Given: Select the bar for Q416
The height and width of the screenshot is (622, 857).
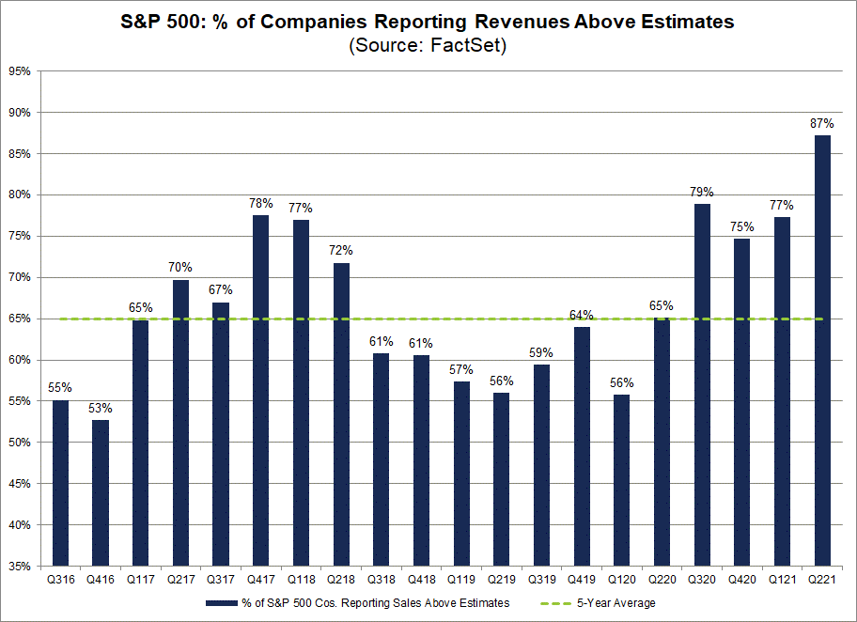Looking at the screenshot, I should (100, 493).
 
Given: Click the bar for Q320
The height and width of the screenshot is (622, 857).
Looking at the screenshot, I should (702, 385).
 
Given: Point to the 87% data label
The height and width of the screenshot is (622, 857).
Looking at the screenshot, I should (822, 123).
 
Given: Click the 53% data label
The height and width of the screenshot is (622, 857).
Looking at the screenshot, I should (100, 408).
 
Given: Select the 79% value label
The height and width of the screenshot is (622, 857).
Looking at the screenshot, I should (702, 191).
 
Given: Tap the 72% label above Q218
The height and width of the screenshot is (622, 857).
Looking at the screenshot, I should (340, 251).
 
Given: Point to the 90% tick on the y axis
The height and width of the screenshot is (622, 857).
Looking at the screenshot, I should (19, 113).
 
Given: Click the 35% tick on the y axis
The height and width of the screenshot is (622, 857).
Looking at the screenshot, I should (19, 567).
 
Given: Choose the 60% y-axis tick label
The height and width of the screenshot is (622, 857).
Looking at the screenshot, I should (19, 361).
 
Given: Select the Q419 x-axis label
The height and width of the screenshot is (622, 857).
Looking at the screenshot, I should (581, 581).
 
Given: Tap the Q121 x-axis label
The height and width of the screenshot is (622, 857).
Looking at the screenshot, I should (782, 581).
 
